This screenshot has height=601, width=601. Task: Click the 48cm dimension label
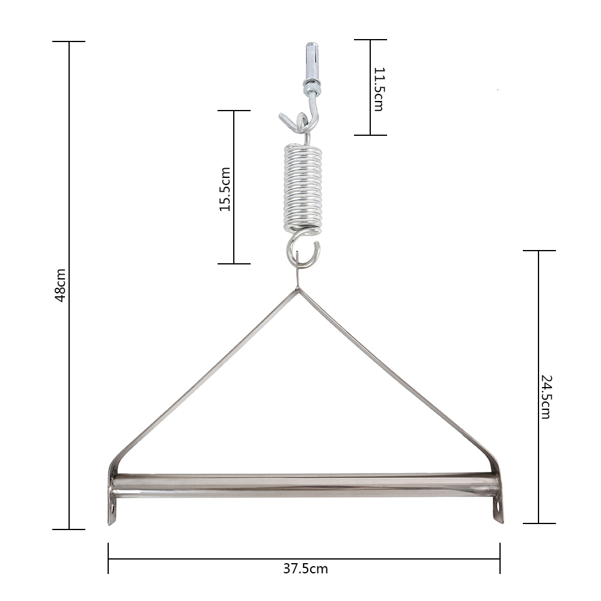coord(60,285)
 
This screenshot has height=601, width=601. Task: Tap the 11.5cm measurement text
coord(378,89)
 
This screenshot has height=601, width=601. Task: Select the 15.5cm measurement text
coord(225,189)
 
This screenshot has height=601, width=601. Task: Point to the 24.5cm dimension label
coord(546,397)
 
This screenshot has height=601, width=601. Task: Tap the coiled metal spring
coord(303,188)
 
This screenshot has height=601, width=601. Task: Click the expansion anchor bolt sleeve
coord(311,61)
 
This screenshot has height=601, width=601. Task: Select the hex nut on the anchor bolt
coord(311,91)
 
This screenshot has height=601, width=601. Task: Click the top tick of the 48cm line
coord(69,41)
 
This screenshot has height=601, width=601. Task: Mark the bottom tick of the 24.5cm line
coord(538,523)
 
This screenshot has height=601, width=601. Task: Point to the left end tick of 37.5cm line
coord(108,558)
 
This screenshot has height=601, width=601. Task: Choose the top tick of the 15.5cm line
coord(234,111)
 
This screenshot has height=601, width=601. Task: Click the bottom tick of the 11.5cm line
coord(370,135)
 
